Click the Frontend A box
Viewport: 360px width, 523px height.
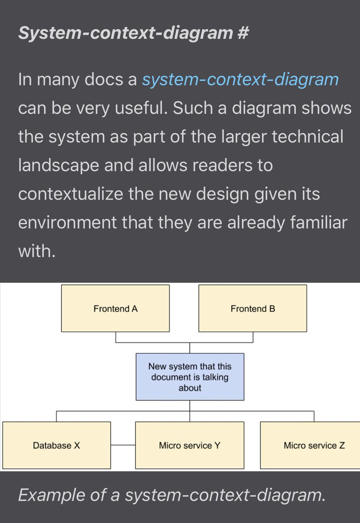tap(115, 309)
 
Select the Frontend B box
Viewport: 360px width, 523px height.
tap(253, 309)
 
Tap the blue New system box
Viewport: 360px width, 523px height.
tap(190, 377)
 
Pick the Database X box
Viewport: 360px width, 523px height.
tap(57, 445)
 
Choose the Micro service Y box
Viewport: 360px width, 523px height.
tap(190, 445)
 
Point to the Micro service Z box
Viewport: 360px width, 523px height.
tap(310, 445)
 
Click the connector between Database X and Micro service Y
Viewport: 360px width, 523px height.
tap(123, 445)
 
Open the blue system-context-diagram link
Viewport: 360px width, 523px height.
tap(240, 80)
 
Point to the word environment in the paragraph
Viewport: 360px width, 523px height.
tap(68, 222)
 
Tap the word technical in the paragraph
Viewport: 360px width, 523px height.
tap(309, 137)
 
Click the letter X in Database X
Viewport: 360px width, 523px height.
tap(77, 445)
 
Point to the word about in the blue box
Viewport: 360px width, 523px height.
tap(190, 387)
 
